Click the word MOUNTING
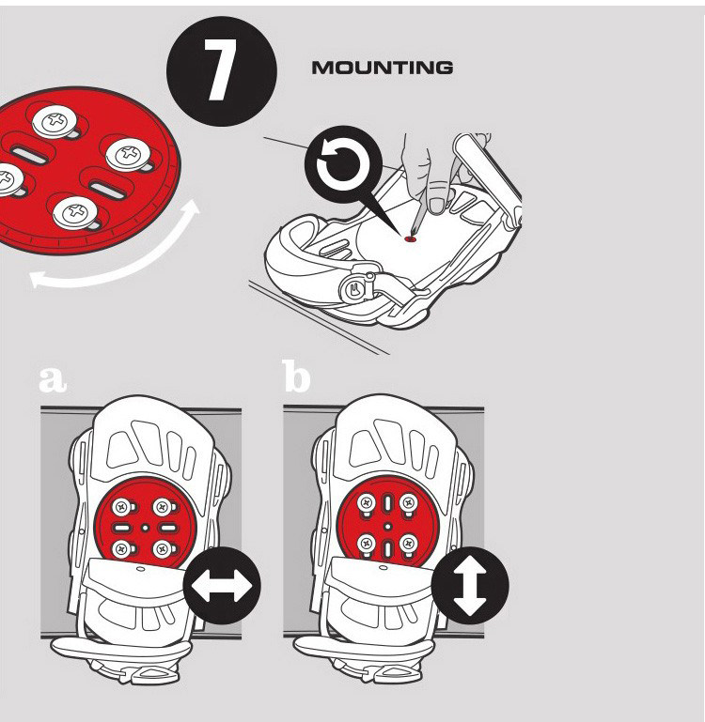tap(382, 68)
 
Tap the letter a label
tap(53, 377)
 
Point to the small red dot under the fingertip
tap(409, 238)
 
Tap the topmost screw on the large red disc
tap(55, 119)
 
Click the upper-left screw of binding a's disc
tap(121, 507)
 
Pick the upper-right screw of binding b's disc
tap(408, 504)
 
